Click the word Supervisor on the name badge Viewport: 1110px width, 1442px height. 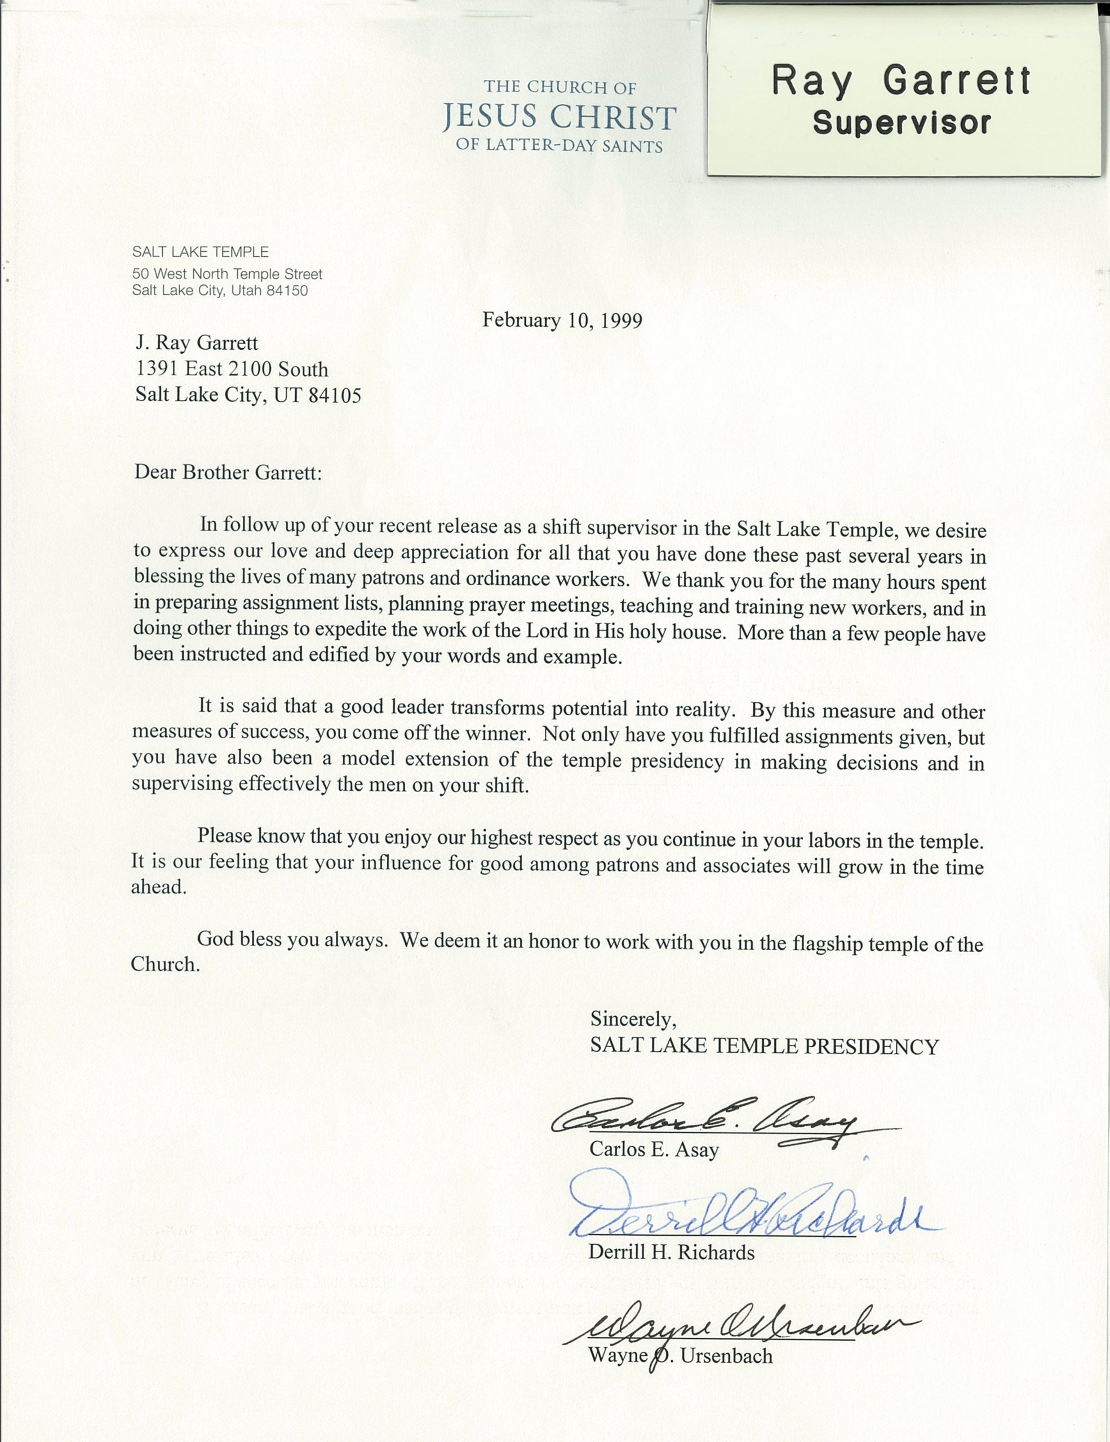point(902,123)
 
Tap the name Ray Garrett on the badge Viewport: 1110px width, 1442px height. point(901,81)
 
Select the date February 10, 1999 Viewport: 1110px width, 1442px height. point(562,320)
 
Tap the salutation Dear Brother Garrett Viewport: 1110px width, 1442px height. point(228,472)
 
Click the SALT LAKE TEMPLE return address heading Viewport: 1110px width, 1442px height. point(200,252)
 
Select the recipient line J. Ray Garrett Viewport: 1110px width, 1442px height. point(197,342)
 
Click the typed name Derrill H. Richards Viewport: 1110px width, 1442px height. point(671,1253)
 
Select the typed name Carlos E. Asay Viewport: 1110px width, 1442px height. point(654,1150)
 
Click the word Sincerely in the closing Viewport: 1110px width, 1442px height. point(633,1019)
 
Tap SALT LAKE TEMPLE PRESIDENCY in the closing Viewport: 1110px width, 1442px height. point(764,1046)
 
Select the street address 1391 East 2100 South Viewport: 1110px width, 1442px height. point(232,369)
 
